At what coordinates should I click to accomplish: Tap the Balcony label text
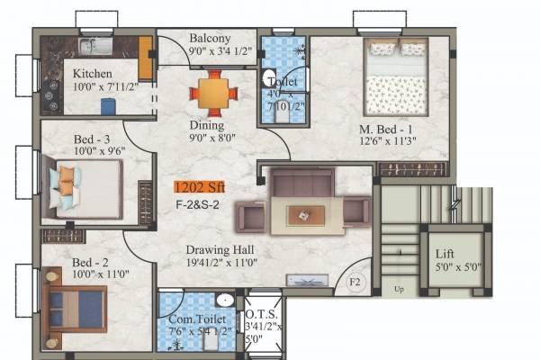click(210, 39)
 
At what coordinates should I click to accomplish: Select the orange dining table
click(214, 93)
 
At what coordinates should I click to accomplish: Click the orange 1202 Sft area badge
click(201, 187)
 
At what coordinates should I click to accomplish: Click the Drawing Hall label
click(220, 249)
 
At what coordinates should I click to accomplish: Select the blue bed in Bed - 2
click(76, 308)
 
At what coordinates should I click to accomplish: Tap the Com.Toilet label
click(191, 319)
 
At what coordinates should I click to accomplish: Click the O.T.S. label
click(262, 315)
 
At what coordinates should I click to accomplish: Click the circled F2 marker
click(355, 283)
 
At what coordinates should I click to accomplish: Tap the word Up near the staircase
click(399, 289)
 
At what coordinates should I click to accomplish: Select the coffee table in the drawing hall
click(307, 214)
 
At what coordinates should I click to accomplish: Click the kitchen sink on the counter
click(94, 45)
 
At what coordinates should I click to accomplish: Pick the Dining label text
click(206, 126)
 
